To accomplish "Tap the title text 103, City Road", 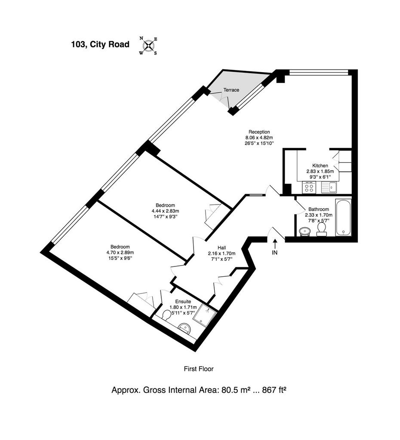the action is [x=100, y=45].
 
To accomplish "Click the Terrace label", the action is [x=231, y=90].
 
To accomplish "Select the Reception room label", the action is [x=259, y=132].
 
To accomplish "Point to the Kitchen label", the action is [x=320, y=165].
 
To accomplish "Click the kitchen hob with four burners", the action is [x=309, y=187].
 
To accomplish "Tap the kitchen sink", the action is [x=329, y=187].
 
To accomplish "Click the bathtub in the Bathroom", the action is [x=343, y=217].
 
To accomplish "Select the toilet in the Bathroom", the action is [x=321, y=229].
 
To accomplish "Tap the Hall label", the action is [x=222, y=248].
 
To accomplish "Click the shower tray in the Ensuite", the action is [x=207, y=315].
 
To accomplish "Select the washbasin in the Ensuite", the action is [x=185, y=328].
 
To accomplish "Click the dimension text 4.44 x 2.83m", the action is [x=166, y=211].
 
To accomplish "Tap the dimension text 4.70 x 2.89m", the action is [x=120, y=253].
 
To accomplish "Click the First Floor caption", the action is [x=199, y=369].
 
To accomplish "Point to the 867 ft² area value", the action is [x=274, y=390].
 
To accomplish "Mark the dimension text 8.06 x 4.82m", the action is [x=259, y=137].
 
